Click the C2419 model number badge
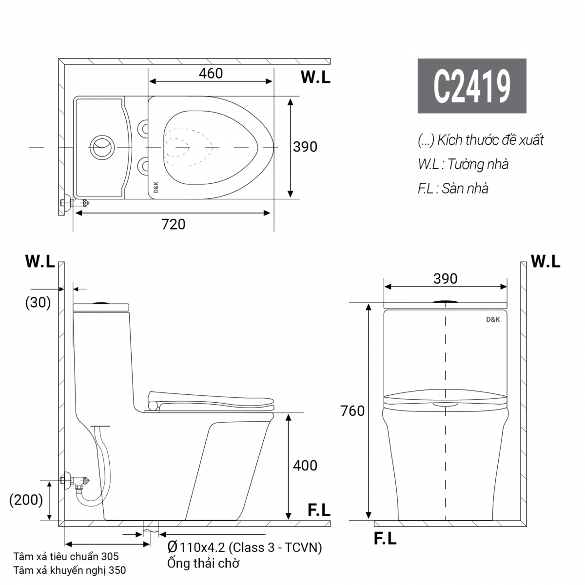tap(472, 86)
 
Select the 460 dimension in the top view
tap(211, 74)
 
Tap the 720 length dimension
tap(173, 224)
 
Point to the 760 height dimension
tap(352, 411)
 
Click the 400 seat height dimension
tap(305, 466)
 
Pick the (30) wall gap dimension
tap(38, 302)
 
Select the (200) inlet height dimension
tap(26, 500)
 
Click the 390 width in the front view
tap(445, 279)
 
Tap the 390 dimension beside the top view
tap(305, 147)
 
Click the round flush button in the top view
tap(102, 148)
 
